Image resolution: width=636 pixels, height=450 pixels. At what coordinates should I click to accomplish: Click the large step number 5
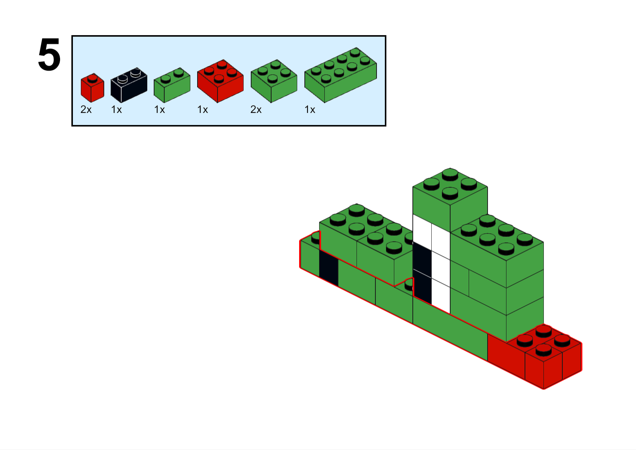tap(49, 54)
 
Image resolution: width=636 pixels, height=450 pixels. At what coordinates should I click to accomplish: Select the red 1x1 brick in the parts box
tap(92, 88)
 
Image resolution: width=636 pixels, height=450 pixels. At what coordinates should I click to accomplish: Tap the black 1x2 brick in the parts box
tap(129, 85)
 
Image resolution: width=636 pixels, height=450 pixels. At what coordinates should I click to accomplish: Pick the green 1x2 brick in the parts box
tap(172, 85)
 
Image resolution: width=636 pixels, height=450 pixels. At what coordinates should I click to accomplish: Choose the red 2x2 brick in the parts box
tap(220, 81)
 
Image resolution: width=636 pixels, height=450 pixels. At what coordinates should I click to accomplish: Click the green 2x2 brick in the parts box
tap(274, 81)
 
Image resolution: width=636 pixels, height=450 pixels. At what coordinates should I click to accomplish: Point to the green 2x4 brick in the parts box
tap(340, 75)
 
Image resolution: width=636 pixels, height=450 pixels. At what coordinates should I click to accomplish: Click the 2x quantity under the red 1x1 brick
tap(86, 109)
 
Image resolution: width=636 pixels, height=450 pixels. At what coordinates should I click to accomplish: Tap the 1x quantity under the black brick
tap(116, 109)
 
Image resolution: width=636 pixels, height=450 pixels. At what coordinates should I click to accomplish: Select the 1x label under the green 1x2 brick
tap(160, 109)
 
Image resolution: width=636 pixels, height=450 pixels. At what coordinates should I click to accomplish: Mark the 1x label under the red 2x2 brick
tap(203, 109)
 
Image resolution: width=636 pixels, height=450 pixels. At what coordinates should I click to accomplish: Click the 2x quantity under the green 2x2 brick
tap(256, 109)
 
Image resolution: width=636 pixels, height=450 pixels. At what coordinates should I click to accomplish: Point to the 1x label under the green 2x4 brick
tap(310, 109)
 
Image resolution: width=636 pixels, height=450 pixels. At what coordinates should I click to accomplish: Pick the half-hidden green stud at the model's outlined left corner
tap(315, 238)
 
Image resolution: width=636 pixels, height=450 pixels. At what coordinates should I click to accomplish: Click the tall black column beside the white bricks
tap(422, 273)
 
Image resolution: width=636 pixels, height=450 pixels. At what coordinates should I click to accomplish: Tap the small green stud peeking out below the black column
tap(409, 285)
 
